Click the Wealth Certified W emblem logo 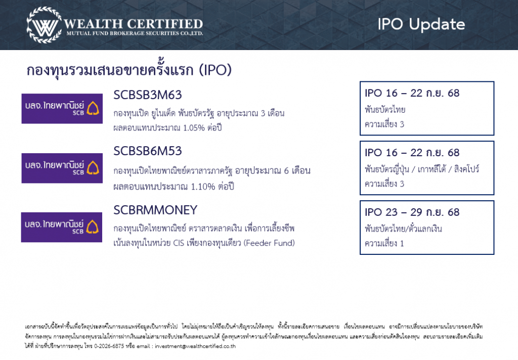(x=45, y=25)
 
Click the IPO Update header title (x=421, y=24)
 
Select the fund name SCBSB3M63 (x=148, y=95)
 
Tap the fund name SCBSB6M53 (x=148, y=151)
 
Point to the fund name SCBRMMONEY (x=155, y=210)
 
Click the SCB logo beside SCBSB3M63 (x=62, y=109)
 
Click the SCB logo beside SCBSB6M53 (x=62, y=168)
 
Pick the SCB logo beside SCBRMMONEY (x=62, y=227)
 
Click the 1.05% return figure (x=194, y=128)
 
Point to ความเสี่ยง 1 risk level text (x=384, y=243)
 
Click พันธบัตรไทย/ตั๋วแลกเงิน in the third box (x=403, y=228)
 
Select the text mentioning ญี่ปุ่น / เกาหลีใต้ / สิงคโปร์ (x=422, y=169)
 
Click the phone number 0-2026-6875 (x=109, y=346)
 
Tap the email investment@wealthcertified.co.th (x=195, y=346)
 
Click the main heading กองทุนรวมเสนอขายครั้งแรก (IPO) (x=129, y=70)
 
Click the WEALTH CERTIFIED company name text (x=133, y=24)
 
